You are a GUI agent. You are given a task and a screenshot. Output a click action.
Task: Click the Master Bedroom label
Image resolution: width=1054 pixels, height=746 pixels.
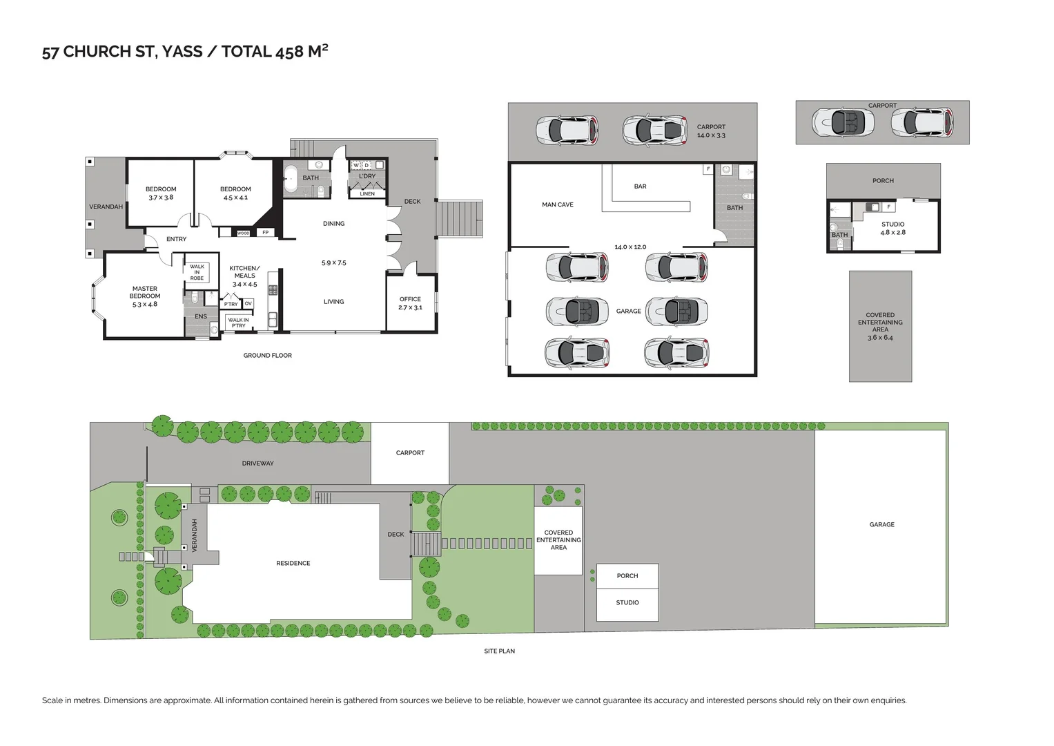pos(145,293)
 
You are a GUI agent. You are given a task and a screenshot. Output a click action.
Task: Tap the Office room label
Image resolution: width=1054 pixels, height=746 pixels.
pos(410,299)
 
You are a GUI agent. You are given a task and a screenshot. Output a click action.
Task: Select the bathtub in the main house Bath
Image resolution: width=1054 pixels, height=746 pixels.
pos(291,178)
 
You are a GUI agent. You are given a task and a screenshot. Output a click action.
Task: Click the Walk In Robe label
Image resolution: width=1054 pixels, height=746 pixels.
pos(197,272)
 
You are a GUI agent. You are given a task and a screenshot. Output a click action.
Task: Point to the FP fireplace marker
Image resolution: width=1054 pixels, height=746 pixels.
pos(265,233)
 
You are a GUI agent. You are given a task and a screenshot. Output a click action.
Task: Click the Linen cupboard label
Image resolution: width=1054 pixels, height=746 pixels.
pos(367,194)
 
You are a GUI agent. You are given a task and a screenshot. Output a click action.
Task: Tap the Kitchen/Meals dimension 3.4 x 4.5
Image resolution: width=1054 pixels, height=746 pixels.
pos(244,284)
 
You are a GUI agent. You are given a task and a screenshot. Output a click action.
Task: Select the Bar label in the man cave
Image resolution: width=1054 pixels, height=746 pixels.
pos(640,186)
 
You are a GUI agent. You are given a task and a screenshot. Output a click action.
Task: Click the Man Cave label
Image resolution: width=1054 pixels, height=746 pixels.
pos(557,204)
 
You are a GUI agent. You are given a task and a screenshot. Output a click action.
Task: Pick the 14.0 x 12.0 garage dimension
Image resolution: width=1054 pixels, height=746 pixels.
pos(630,247)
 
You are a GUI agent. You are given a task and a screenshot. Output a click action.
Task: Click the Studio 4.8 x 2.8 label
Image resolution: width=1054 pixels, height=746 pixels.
pos(892,229)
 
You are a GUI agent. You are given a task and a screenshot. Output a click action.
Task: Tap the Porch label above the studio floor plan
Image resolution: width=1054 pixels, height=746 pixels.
pos(883,181)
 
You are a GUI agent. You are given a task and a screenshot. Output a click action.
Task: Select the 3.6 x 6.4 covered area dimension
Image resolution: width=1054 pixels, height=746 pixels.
pos(880,338)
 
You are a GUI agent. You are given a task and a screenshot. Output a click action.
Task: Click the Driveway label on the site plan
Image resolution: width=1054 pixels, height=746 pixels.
pos(257,463)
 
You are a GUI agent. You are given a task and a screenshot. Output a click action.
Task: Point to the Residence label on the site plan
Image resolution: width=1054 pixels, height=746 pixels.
pos(293,564)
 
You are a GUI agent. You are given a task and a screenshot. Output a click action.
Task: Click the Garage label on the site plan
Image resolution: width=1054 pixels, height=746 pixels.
pos(881,525)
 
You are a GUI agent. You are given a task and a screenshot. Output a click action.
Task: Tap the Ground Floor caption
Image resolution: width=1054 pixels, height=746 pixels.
pos(267,356)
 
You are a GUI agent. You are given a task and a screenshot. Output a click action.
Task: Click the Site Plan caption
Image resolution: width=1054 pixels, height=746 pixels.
pos(499,651)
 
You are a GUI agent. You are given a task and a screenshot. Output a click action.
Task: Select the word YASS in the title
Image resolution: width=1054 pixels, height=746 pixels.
pos(182,52)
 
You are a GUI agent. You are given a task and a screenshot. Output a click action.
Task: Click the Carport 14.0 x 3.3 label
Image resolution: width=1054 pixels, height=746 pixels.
pos(711,131)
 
